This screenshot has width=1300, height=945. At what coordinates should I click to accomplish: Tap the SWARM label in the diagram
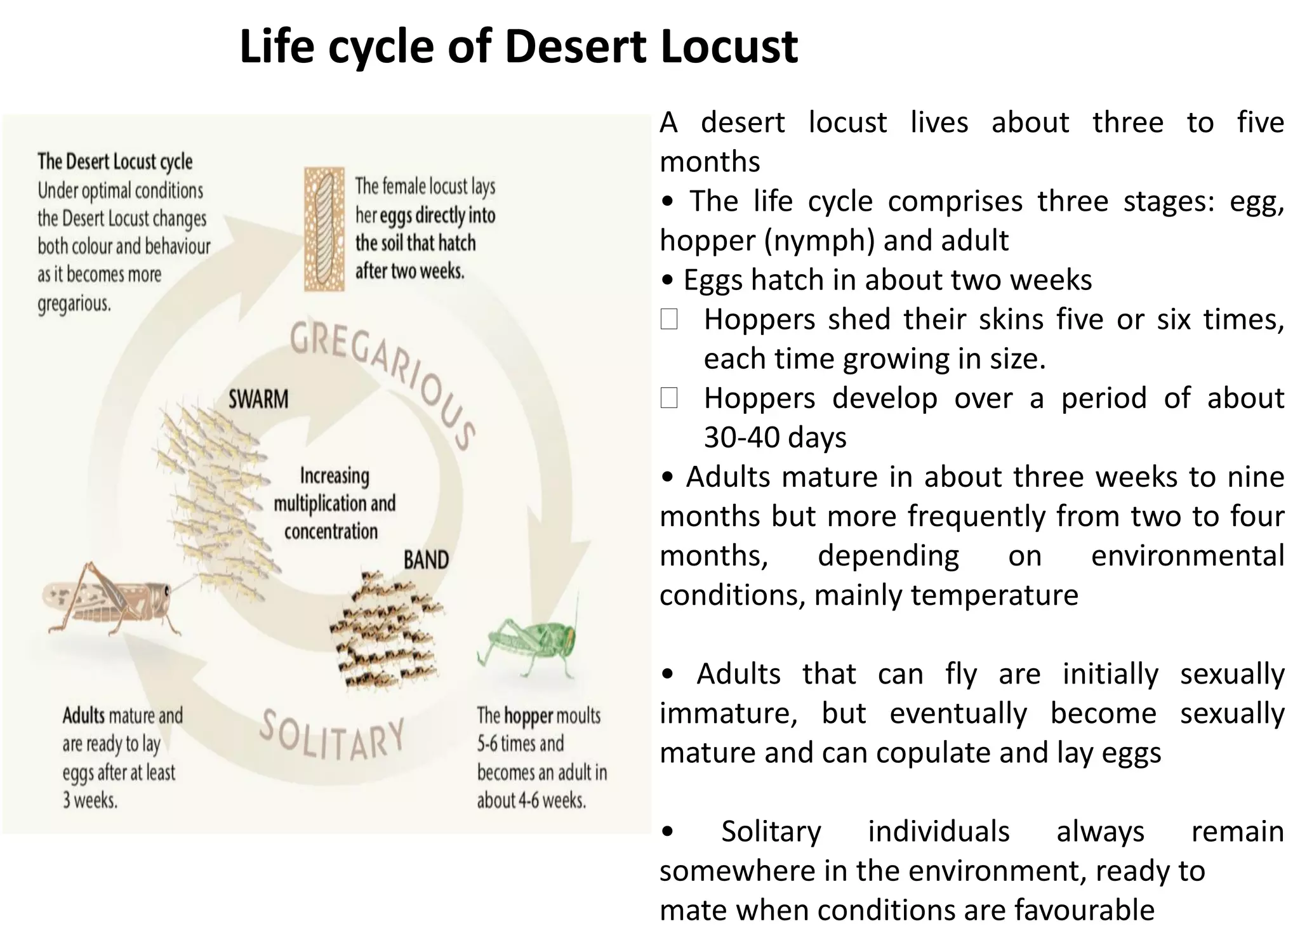[x=258, y=399]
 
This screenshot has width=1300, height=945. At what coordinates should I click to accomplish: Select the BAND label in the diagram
[x=426, y=560]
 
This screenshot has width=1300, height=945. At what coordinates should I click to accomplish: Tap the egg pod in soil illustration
[x=324, y=229]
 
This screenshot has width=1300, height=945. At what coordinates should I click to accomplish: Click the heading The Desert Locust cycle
[x=115, y=161]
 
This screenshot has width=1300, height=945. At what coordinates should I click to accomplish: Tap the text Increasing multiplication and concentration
[x=335, y=503]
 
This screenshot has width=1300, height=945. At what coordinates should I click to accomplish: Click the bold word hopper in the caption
[x=529, y=716]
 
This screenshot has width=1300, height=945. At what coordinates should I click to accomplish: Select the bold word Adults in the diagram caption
[x=84, y=716]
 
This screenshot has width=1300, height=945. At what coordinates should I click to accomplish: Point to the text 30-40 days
[x=775, y=437]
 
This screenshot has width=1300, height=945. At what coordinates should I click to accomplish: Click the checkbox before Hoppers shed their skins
[x=669, y=319]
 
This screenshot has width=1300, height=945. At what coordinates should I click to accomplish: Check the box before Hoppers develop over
[x=669, y=398]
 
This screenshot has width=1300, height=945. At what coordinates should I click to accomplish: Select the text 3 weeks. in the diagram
[x=90, y=800]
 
